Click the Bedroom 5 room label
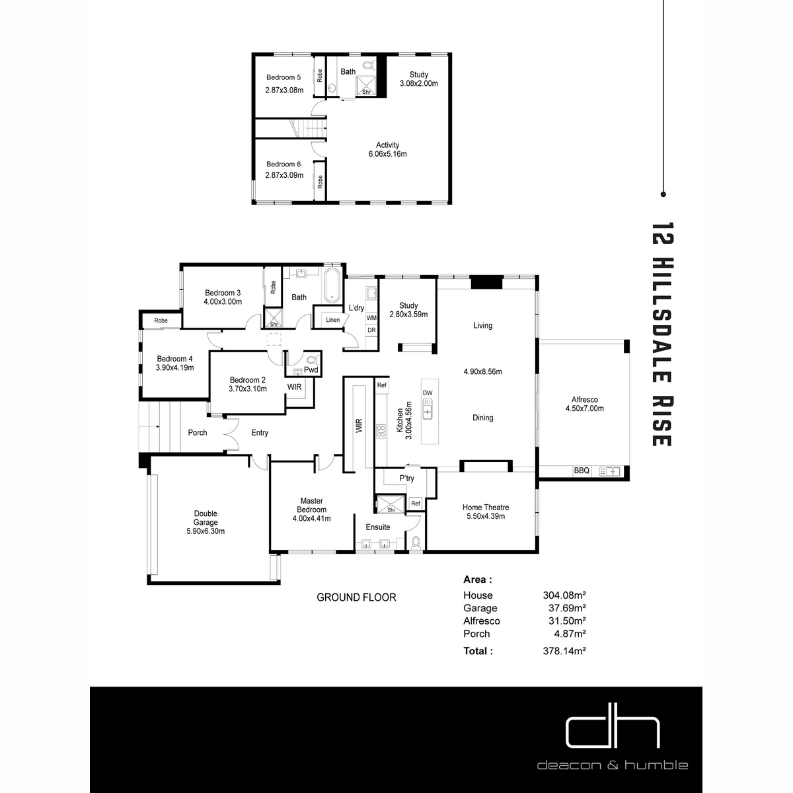283,77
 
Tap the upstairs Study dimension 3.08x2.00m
418,83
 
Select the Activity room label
387,145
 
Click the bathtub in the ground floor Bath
332,285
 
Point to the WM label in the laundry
371,318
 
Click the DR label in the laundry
371,330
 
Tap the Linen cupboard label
332,320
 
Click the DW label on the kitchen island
428,393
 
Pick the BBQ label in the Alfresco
581,471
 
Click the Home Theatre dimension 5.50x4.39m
486,516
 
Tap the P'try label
406,478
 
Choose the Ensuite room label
378,527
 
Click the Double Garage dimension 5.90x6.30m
206,531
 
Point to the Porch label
197,432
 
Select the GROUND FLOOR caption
356,597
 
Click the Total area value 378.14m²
564,651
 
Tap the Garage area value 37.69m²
567,608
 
